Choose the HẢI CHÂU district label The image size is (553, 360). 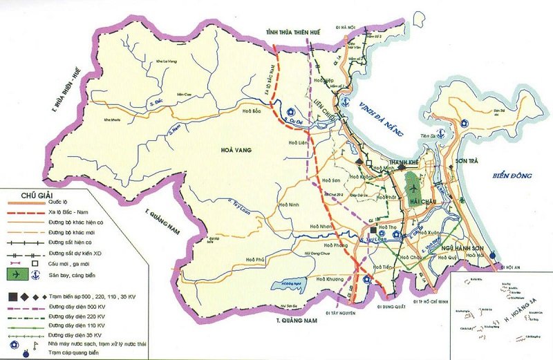[422, 200]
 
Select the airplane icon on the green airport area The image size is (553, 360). [414, 187]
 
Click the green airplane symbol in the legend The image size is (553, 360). [13, 275]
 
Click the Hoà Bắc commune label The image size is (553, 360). [252, 111]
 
